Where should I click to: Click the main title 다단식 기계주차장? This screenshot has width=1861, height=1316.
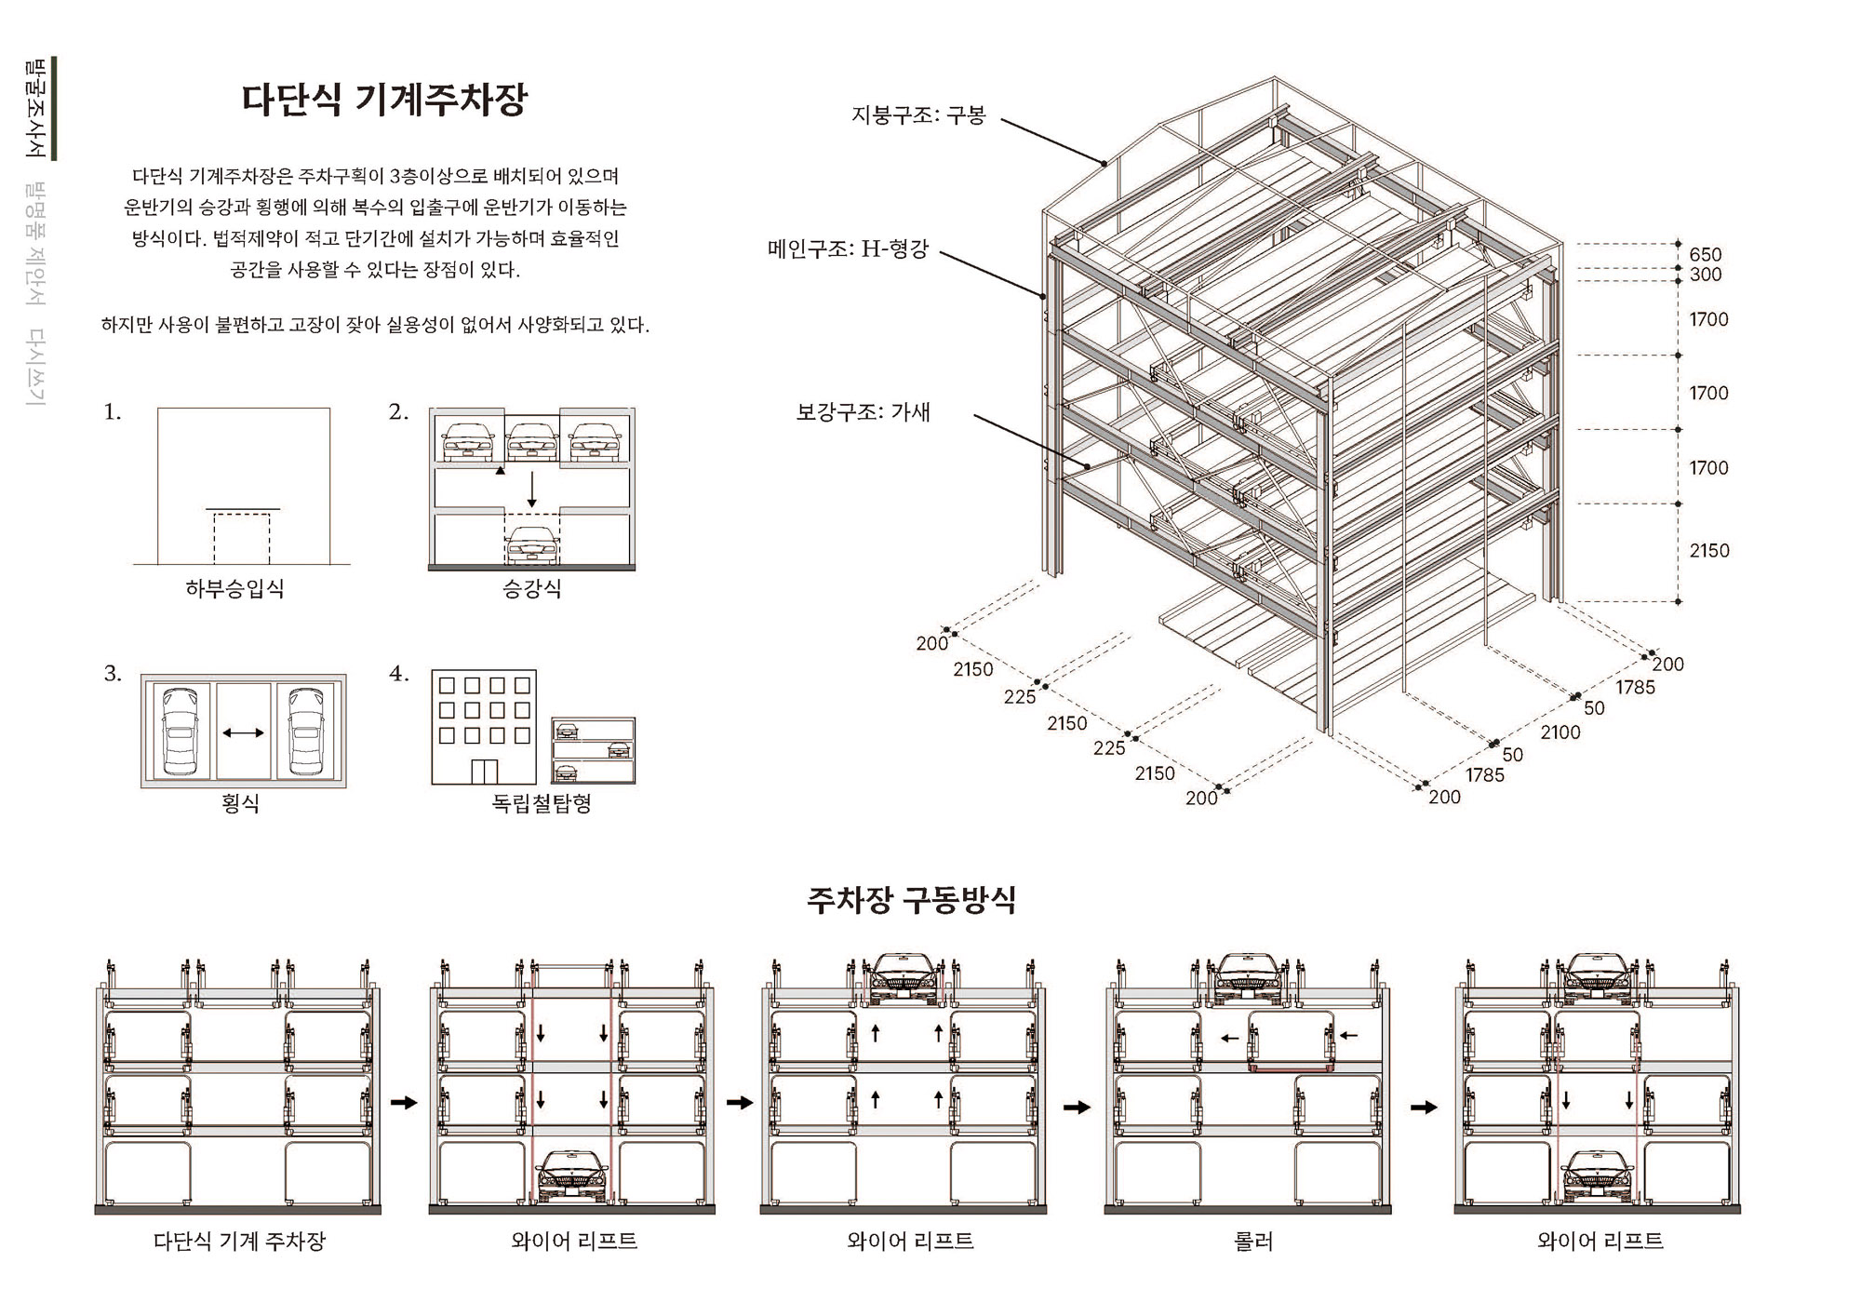[x=384, y=100]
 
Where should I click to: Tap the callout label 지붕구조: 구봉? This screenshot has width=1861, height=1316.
[x=918, y=115]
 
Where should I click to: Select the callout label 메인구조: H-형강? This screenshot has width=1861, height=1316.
[x=848, y=249]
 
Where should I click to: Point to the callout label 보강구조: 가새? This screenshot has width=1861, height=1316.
[x=863, y=412]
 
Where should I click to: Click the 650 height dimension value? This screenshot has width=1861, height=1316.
[x=1706, y=254]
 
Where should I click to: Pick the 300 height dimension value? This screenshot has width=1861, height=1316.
[x=1706, y=275]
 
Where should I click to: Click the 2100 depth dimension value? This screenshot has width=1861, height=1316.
[x=1560, y=732]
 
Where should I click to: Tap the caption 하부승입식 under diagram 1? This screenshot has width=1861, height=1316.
[x=234, y=588]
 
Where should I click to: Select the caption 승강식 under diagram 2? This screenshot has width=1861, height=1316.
[x=531, y=588]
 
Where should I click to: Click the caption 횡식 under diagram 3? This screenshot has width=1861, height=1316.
[x=240, y=803]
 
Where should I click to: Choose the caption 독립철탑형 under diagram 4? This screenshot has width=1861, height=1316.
[x=542, y=803]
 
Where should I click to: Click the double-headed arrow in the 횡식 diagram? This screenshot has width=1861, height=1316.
[x=243, y=732]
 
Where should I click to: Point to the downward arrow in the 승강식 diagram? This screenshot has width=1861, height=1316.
[x=531, y=490]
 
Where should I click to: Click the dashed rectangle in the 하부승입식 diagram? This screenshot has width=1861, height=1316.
[x=242, y=538]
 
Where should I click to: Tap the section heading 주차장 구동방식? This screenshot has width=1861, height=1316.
[x=911, y=900]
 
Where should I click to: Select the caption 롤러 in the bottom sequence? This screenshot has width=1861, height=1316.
[x=1252, y=1241]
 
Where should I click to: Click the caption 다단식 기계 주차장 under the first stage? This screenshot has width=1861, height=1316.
[x=239, y=1241]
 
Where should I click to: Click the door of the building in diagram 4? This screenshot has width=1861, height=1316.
[x=484, y=772]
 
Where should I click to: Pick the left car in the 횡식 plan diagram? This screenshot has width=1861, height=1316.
[x=180, y=732]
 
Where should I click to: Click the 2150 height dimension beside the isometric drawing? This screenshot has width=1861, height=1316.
[x=1709, y=551]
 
